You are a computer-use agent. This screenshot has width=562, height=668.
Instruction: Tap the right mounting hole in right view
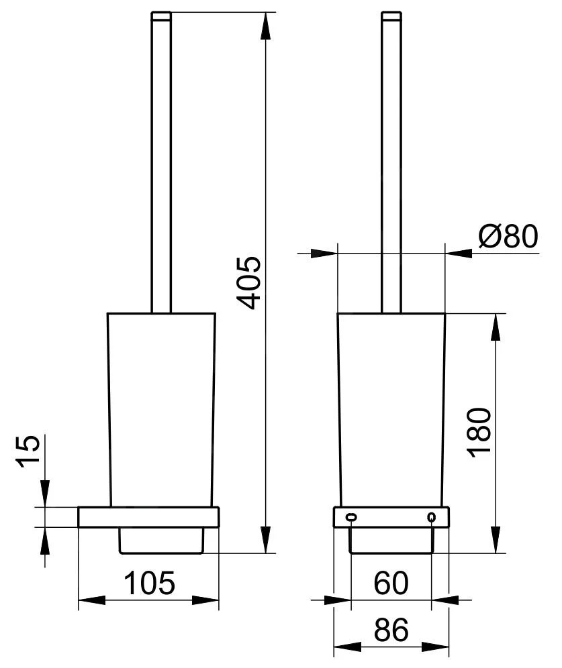431,517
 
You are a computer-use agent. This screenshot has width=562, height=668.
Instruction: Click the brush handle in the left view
160,168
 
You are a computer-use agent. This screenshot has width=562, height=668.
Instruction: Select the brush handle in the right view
391,168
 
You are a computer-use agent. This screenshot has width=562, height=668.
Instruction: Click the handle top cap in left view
160,15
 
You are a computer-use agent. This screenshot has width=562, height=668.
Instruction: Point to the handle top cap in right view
391,15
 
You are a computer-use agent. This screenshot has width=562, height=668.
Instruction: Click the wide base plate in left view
148,517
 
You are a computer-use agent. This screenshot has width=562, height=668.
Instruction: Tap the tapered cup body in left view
161,409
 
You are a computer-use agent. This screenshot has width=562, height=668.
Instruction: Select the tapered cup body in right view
391,409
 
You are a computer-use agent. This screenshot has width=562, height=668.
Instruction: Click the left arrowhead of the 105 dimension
91,600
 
